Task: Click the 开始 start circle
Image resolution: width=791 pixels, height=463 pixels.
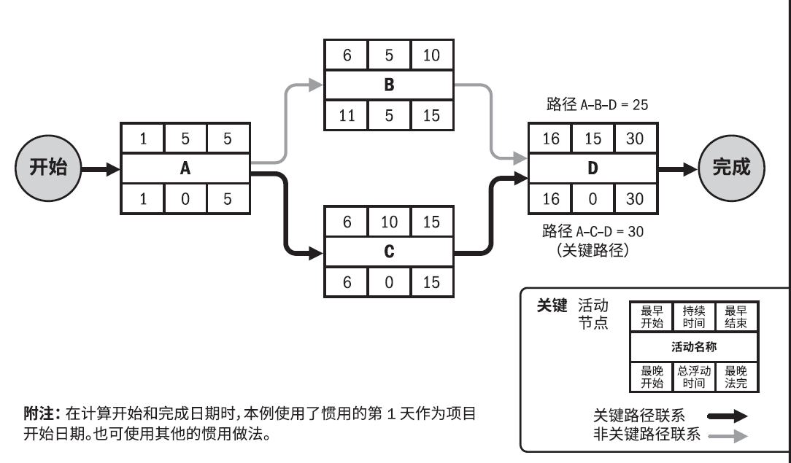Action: (48, 168)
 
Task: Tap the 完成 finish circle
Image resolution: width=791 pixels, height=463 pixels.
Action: (731, 168)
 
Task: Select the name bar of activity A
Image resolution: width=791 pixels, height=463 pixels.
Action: (185, 168)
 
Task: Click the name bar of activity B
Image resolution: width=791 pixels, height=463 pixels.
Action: (389, 85)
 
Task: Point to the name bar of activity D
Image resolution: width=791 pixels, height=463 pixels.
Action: (593, 168)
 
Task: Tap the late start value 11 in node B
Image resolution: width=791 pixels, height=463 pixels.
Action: (347, 114)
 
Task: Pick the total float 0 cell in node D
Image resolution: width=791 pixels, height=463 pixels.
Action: (593, 198)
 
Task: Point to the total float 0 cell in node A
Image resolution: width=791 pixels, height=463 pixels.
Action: (185, 198)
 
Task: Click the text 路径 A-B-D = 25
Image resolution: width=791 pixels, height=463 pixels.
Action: (593, 105)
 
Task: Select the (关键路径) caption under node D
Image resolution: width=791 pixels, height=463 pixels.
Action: (593, 252)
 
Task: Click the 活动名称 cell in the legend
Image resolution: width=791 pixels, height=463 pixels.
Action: (693, 347)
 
